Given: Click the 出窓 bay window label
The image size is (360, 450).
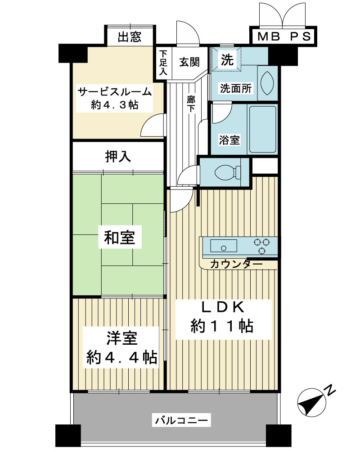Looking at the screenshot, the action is point(130,37).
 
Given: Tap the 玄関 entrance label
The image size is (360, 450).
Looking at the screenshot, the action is point(189,62).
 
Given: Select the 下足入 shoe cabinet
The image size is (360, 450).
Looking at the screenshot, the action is point(163,63).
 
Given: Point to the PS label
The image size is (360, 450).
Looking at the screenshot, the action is point(300,36).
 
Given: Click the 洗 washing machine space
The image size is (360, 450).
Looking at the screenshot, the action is point(226,59).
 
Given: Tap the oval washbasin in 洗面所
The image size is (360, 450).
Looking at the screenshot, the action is point(267,83).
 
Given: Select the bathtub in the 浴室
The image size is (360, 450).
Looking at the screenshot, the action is point(263,130).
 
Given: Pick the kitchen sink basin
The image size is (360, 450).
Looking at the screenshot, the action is point(224,246).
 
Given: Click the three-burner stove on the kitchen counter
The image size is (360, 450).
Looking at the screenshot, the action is point(262,246).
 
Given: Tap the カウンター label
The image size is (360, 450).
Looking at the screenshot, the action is point(236,264).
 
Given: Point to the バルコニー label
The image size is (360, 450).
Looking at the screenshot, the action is point(181,420).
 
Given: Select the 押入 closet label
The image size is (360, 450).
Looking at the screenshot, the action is point(118,157).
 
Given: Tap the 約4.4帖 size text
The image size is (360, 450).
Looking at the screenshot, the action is point(121,358).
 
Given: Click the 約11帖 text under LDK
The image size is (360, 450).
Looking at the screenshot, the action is point(222,326).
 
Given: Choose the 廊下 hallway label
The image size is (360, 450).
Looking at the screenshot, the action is point(191,104).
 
